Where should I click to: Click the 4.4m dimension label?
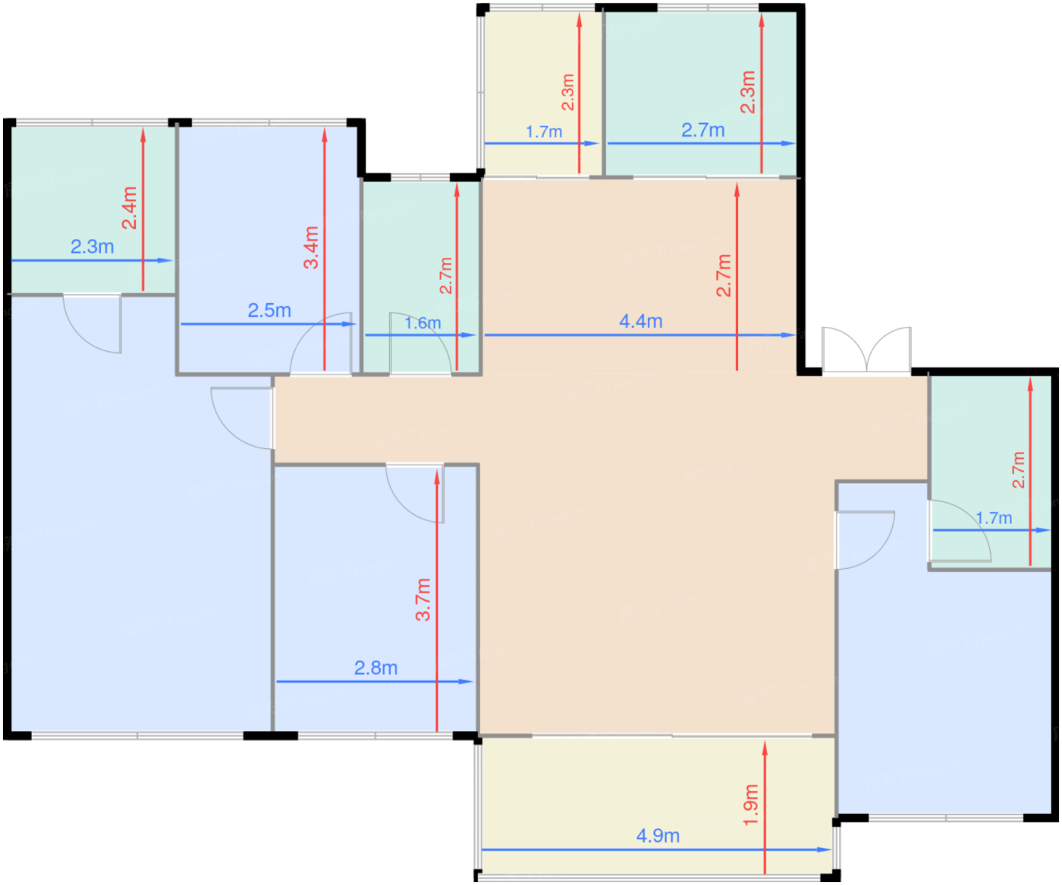[640, 322]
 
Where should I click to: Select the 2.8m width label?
[375, 668]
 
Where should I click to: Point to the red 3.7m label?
[423, 600]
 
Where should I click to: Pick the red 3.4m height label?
[311, 247]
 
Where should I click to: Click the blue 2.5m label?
[269, 310]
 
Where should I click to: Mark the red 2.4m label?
[130, 208]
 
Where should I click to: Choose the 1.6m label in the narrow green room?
[423, 323]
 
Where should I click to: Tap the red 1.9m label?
[751, 805]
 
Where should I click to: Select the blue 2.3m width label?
[92, 246]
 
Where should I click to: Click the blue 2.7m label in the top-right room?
[703, 130]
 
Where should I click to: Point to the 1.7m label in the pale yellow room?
[544, 132]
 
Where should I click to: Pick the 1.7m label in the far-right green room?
[993, 518]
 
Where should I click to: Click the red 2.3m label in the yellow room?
[567, 92]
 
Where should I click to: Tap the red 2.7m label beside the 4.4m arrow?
[724, 276]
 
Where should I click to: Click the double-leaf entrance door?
[866, 350]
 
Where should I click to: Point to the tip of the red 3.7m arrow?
[436, 471]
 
